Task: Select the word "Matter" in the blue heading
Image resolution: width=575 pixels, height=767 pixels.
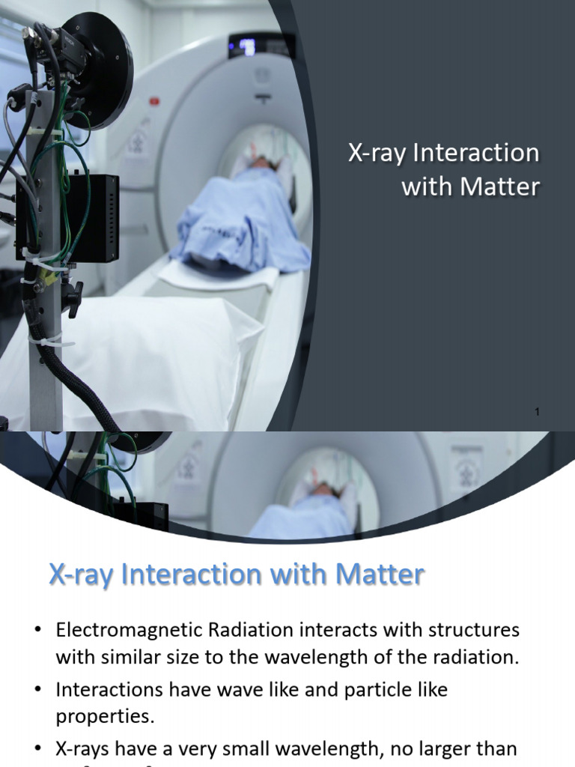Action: pyautogui.click(x=380, y=575)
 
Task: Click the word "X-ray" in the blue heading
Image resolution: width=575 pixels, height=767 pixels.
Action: pyautogui.click(x=80, y=575)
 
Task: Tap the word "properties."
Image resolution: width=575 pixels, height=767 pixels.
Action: pyautogui.click(x=105, y=716)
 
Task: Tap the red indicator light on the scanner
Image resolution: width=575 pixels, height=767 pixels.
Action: pyautogui.click(x=155, y=100)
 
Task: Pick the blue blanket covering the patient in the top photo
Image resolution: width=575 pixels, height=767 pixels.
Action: pyautogui.click(x=240, y=225)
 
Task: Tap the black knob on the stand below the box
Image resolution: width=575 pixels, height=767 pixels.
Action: pyautogui.click(x=72, y=297)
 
